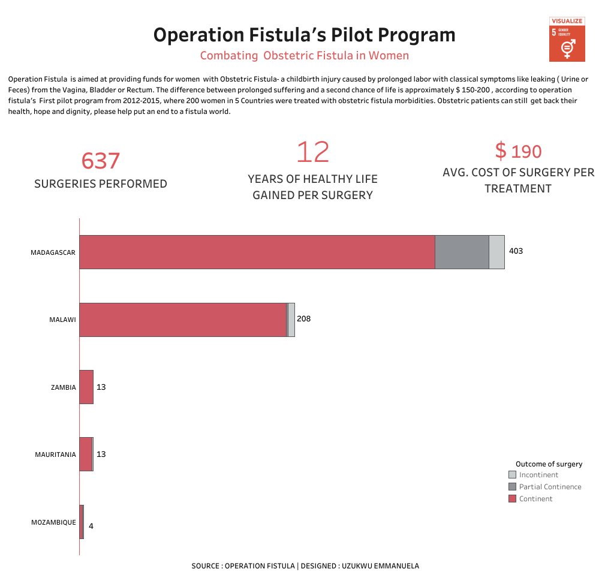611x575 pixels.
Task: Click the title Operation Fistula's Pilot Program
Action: [305, 35]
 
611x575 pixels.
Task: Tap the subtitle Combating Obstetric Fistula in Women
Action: [305, 56]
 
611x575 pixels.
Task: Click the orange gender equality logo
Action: [567, 40]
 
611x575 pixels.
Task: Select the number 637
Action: [101, 161]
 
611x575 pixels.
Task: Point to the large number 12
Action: [312, 152]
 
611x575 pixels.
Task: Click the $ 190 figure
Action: [519, 151]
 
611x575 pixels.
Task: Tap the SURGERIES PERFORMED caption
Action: [101, 184]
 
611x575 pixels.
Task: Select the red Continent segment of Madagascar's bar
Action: [257, 252]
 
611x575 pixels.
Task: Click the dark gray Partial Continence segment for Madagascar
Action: [462, 252]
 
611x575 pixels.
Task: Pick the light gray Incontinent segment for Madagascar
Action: [496, 252]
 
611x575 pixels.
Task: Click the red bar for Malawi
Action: [183, 320]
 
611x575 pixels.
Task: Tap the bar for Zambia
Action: [86, 387]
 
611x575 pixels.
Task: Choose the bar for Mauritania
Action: [86, 454]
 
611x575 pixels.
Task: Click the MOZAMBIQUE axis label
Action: [53, 522]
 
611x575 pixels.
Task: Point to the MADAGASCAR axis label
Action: [53, 252]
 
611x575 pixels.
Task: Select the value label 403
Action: [516, 251]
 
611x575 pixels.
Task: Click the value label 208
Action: [303, 319]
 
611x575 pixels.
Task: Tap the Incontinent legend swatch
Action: [512, 475]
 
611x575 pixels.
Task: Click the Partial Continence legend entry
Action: [550, 487]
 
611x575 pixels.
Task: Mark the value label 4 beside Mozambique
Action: [91, 526]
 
